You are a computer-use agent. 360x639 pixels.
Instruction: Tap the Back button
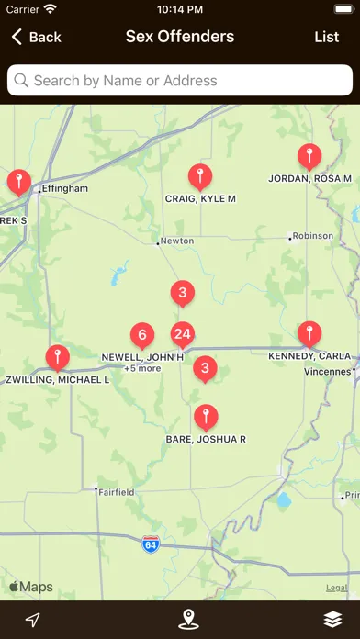click(x=36, y=37)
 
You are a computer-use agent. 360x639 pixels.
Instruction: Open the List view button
click(x=326, y=37)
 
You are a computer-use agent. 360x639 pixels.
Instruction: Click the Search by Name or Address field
click(x=180, y=81)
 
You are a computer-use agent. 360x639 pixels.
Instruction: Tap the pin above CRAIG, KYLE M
click(x=200, y=176)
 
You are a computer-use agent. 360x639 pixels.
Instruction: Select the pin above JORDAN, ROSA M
click(x=310, y=156)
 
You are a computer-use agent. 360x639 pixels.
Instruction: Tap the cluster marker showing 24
click(x=182, y=334)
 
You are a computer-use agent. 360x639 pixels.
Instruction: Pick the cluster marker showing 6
click(x=141, y=334)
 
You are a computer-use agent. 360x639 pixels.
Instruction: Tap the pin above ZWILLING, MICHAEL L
click(x=58, y=357)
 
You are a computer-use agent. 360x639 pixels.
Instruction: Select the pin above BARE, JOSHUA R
click(x=207, y=417)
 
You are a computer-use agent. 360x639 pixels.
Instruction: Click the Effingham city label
click(x=64, y=188)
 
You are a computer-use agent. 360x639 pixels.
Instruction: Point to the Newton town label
click(x=176, y=241)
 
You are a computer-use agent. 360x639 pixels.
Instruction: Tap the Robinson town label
click(x=313, y=236)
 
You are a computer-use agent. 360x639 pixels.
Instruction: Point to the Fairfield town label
click(x=117, y=492)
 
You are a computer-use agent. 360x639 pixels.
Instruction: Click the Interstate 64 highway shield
click(x=151, y=544)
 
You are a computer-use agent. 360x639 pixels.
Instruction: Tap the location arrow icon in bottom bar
click(x=33, y=620)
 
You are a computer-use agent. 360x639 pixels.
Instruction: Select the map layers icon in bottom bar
click(x=332, y=620)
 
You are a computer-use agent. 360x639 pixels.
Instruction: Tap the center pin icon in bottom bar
click(x=188, y=620)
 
